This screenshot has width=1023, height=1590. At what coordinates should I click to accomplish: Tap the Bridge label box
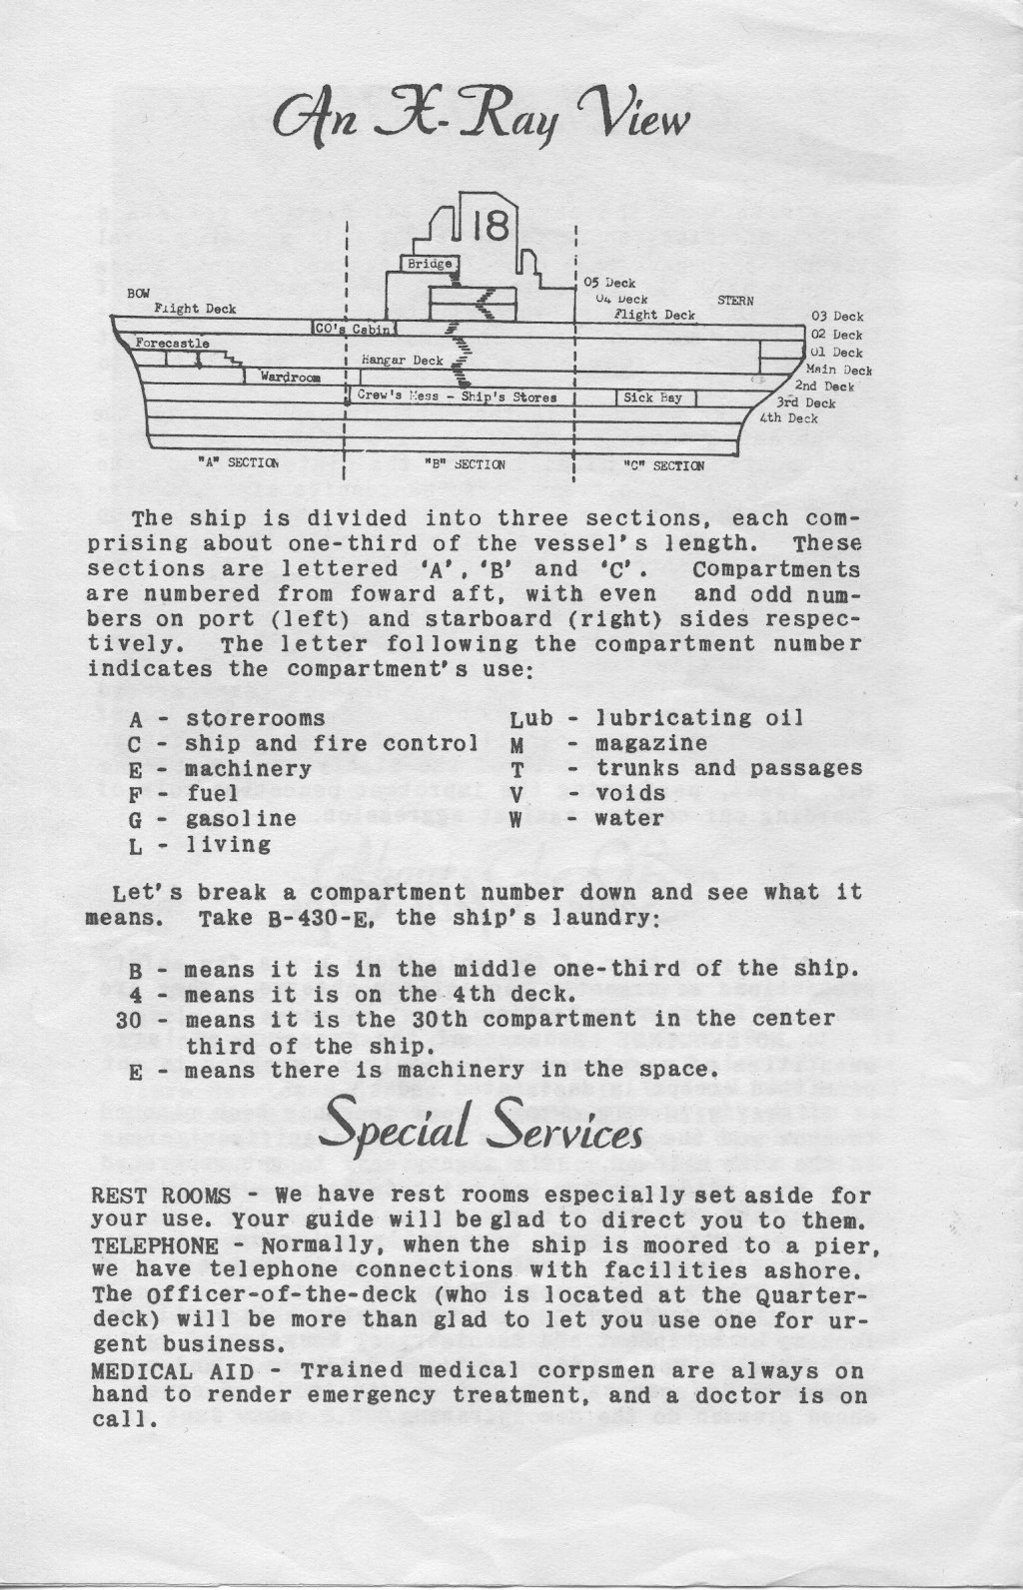coord(430,265)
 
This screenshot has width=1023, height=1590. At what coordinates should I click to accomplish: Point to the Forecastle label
coord(173,343)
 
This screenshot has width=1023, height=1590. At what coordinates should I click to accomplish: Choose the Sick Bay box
coord(654,397)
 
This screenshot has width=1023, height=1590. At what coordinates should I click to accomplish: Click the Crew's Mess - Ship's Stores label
coord(456,397)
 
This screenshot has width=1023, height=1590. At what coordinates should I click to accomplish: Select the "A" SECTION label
coord(238,463)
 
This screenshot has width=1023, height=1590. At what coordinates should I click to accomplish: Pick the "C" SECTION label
coord(663,464)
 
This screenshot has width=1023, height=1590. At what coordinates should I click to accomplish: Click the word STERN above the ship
coord(736,300)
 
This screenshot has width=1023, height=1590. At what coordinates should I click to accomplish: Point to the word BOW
coord(139,294)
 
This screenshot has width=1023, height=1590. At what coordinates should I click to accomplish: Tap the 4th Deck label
coord(789,418)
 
